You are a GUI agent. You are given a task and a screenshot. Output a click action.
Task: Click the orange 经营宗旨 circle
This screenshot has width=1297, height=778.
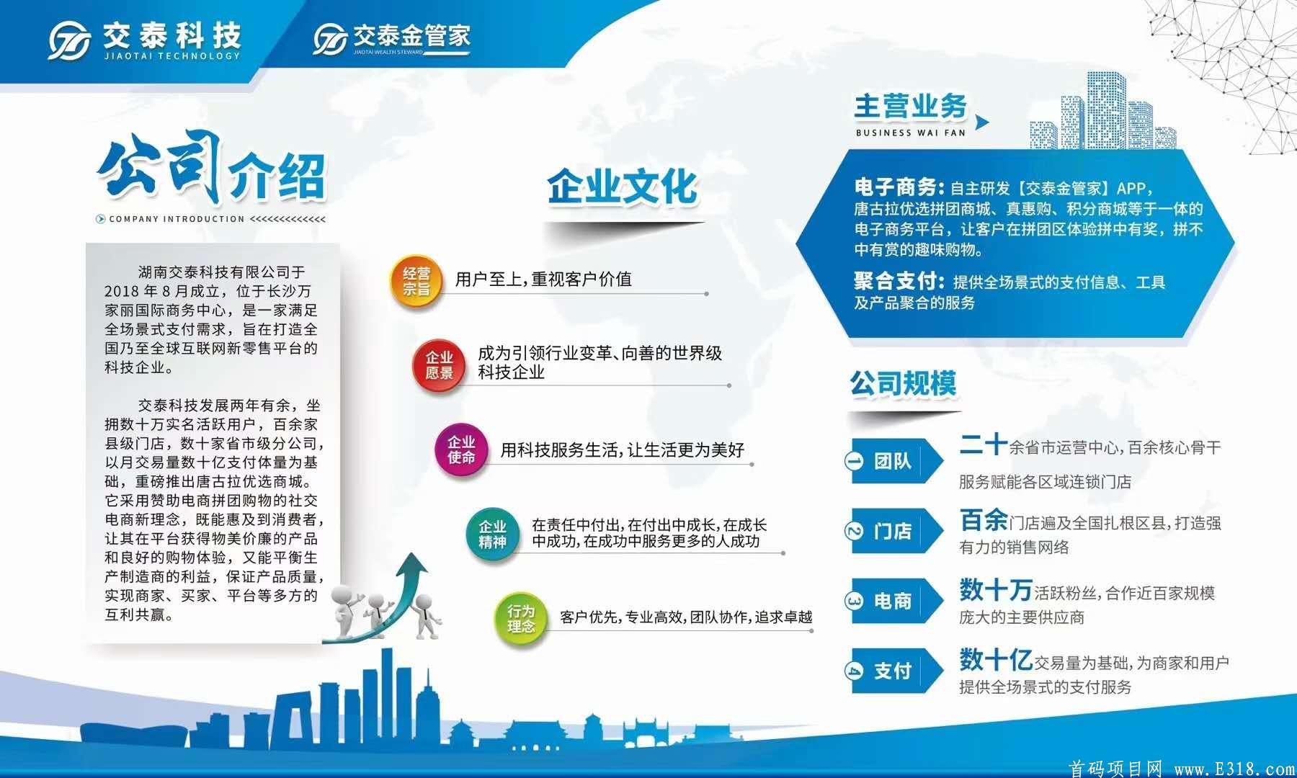click(x=416, y=281)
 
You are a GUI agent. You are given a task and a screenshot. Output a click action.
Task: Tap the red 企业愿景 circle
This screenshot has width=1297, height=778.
click(x=439, y=365)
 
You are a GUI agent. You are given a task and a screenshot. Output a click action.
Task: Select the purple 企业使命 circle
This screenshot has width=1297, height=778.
click(x=461, y=450)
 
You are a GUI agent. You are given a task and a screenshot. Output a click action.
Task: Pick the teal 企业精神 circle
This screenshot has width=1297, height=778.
click(x=493, y=535)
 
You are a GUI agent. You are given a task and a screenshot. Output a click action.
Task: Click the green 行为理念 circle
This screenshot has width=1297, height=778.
click(x=521, y=619)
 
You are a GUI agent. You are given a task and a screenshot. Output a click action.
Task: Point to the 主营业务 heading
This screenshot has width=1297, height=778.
click(x=910, y=107)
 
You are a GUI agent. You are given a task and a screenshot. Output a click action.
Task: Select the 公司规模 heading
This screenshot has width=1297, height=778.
click(x=903, y=383)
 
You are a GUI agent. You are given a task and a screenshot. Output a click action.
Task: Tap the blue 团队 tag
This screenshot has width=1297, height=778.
click(x=893, y=461)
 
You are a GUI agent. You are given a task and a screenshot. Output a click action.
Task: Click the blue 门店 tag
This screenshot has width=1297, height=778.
click(x=893, y=532)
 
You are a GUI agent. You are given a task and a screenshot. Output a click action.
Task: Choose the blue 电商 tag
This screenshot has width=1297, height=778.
click(x=893, y=601)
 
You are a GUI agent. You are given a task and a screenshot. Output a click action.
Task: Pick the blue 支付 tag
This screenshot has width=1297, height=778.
click(x=893, y=671)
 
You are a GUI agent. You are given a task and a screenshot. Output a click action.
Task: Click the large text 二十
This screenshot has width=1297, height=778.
click(x=983, y=444)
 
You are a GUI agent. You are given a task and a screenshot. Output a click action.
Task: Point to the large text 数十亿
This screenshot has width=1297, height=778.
click(x=996, y=659)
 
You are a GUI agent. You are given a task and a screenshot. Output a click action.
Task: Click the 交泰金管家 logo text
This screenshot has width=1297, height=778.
click(x=411, y=36)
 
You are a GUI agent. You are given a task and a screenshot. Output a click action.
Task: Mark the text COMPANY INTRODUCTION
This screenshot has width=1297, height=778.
click(x=177, y=219)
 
